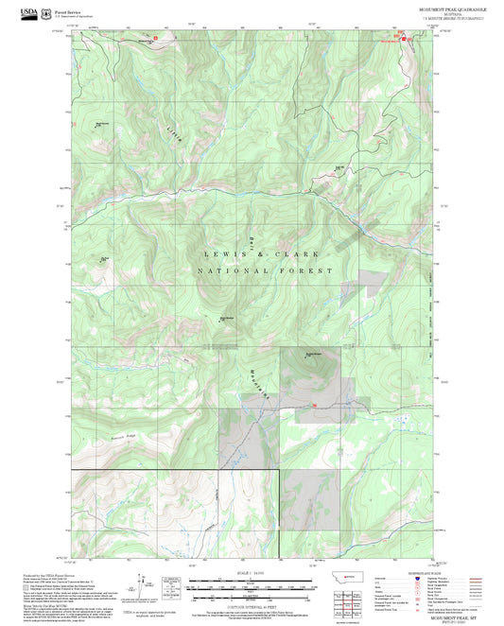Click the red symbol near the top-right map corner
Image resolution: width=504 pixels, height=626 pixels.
(405, 38)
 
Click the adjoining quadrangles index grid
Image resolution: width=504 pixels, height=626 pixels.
(356, 601)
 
